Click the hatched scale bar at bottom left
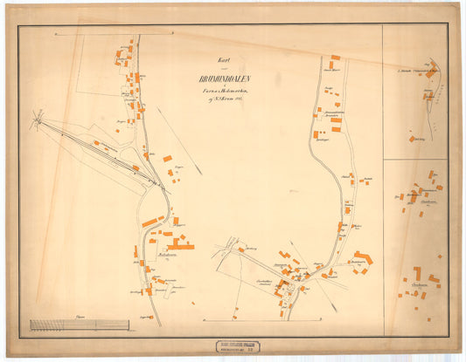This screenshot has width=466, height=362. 66,324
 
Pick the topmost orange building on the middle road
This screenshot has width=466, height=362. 335,58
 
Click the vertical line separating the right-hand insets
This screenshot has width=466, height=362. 382,174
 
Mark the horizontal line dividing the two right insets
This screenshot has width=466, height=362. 414,159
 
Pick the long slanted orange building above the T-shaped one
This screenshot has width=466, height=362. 150,222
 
